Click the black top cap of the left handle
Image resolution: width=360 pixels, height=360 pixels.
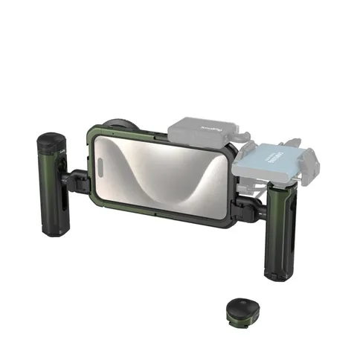[52, 141]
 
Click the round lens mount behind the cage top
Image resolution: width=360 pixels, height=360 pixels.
[120, 127]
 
